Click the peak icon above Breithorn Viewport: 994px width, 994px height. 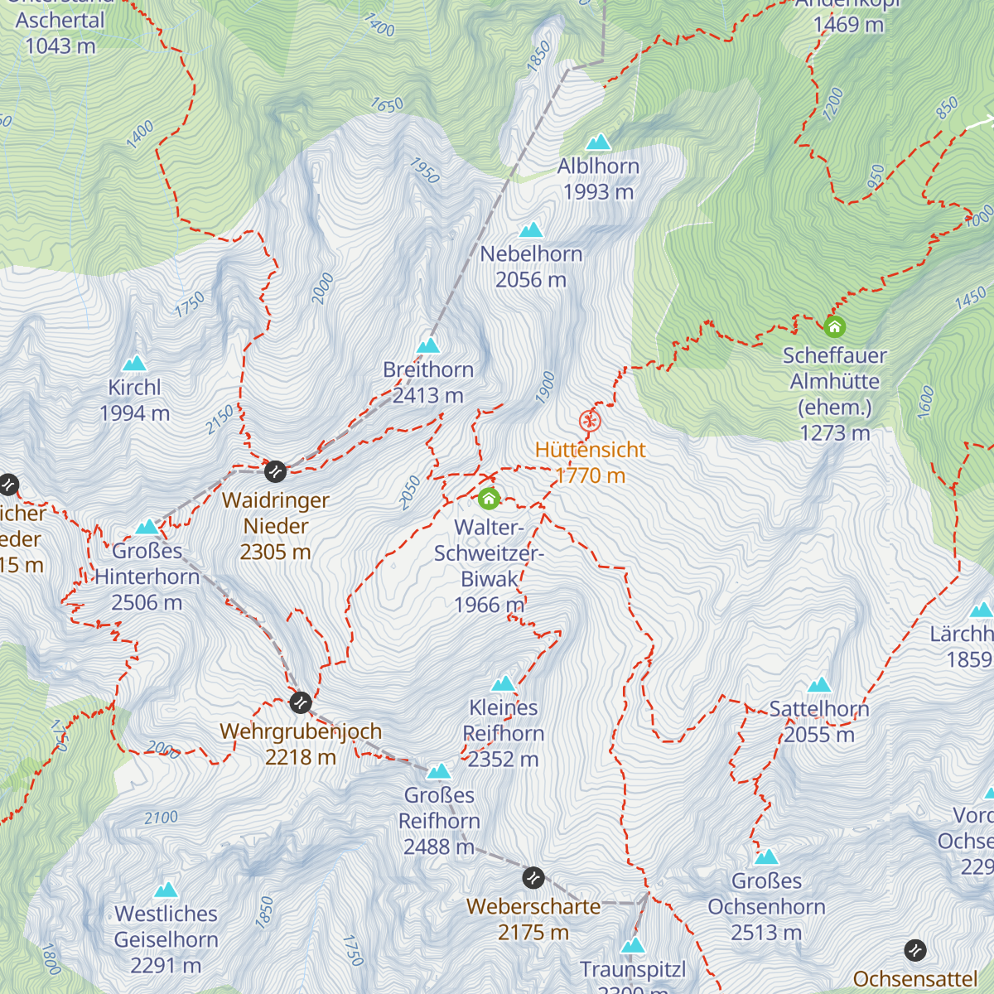(428, 345)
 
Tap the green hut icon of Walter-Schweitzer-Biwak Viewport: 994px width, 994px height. (490, 499)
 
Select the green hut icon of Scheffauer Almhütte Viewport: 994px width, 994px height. (835, 326)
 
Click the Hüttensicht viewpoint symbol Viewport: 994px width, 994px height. (589, 421)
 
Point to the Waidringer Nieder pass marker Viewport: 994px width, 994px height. (275, 471)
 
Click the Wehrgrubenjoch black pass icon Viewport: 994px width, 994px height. (301, 702)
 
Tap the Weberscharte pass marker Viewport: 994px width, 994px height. (533, 876)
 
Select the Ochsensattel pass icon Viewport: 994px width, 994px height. (914, 949)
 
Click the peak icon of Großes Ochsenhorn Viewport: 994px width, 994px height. (766, 856)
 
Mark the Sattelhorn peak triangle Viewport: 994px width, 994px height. (819, 684)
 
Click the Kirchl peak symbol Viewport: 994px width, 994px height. (134, 363)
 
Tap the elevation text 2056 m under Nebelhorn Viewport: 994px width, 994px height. (531, 280)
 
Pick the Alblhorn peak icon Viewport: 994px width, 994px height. (598, 142)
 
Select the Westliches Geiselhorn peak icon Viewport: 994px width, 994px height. (166, 890)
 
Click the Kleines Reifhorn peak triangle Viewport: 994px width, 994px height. (503, 683)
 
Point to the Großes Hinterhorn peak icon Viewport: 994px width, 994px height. (147, 527)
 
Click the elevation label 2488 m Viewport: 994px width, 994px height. (438, 847)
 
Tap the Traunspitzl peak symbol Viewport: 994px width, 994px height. (633, 945)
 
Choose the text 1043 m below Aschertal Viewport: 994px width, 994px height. (60, 46)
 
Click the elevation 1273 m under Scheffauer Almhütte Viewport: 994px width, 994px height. (835, 432)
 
